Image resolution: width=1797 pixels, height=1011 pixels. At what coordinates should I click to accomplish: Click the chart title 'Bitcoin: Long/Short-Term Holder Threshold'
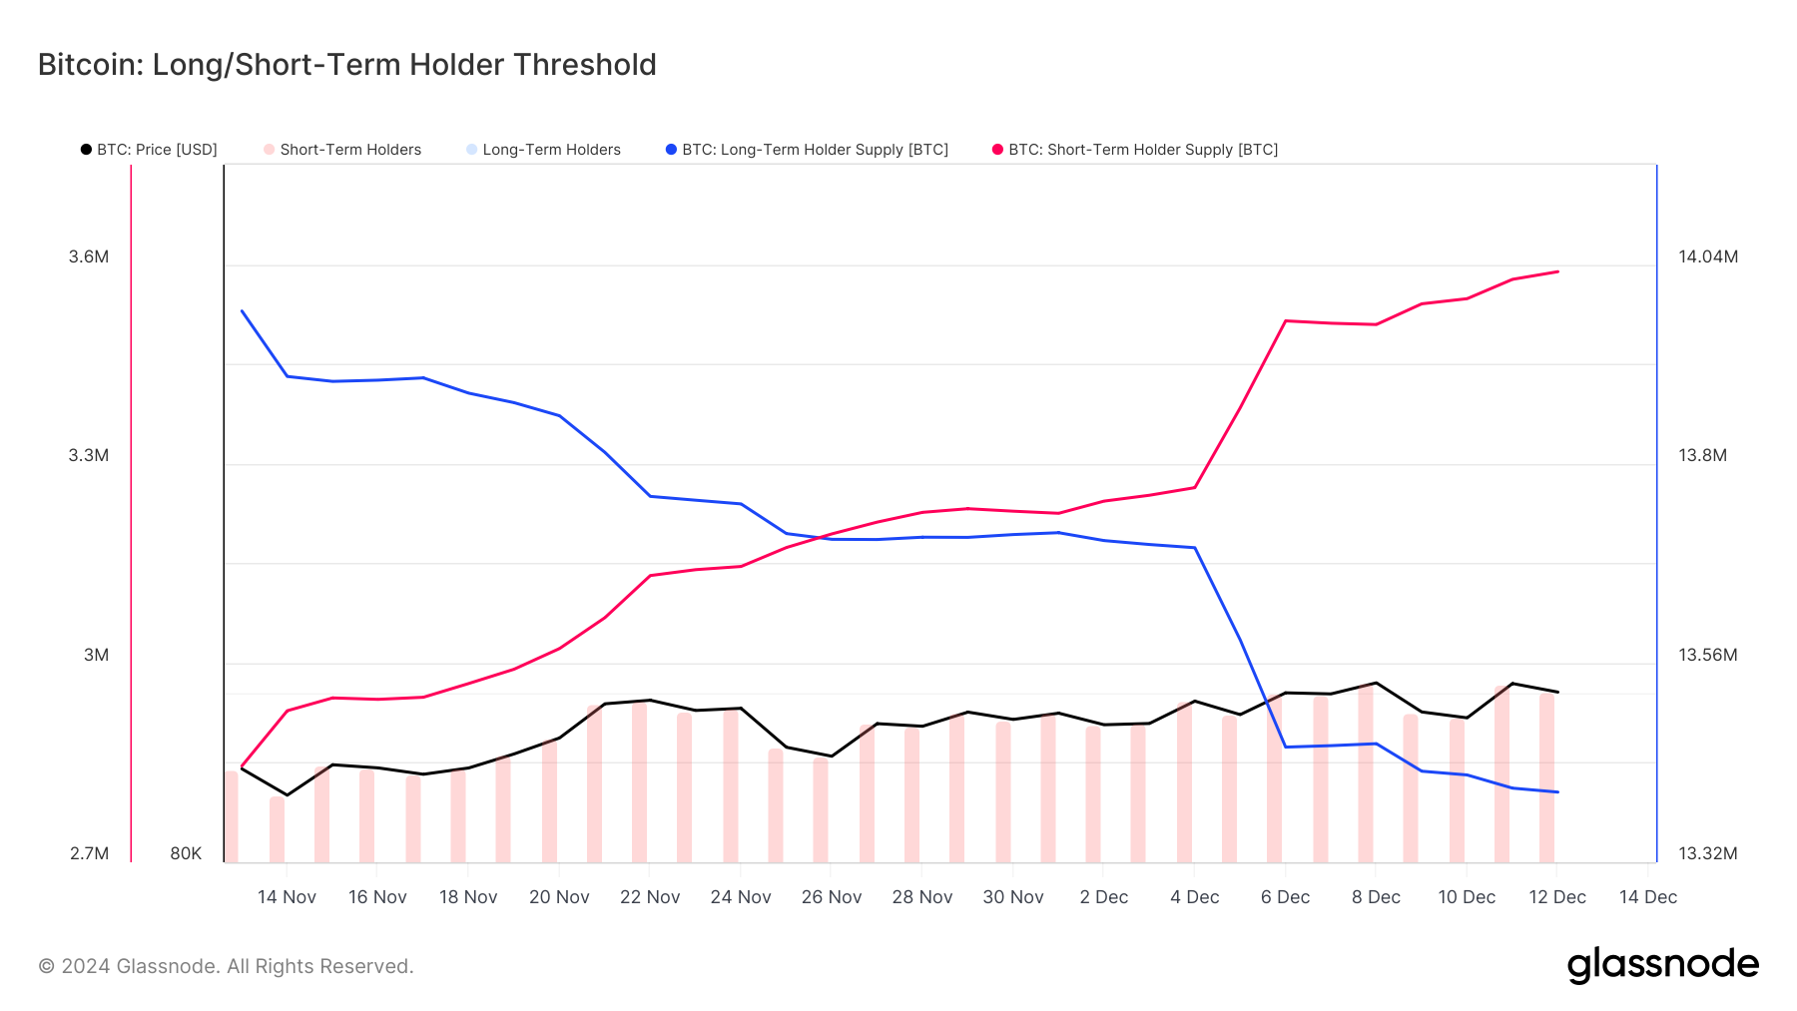346,65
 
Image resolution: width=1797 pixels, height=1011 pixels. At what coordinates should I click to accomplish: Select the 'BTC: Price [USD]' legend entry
149,150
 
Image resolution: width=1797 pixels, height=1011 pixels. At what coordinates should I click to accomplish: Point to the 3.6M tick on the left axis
89,256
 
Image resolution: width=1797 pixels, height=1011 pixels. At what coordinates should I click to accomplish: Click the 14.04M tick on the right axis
1707,256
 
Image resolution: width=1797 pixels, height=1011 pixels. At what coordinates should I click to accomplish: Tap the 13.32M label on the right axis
1707,853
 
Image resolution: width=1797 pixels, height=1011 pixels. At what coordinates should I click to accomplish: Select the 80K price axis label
186,853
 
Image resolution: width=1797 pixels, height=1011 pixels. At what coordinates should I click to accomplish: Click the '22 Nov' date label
650,897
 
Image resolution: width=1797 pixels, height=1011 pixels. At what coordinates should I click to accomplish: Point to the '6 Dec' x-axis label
1285,897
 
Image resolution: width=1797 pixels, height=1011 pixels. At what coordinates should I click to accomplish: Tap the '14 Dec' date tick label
1647,897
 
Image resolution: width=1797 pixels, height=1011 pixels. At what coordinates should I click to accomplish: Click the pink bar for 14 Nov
278,829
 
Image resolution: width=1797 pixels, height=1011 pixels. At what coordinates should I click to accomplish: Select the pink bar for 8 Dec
1366,773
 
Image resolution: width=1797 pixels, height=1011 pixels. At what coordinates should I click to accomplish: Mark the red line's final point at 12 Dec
1557,271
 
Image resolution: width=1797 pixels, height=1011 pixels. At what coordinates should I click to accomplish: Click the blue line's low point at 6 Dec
1286,747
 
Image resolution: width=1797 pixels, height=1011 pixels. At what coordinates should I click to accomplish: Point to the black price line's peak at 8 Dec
1376,683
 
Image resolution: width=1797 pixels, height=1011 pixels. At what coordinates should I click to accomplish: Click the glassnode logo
1662,965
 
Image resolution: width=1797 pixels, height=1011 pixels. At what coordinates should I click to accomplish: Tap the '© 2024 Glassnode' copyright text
226,966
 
